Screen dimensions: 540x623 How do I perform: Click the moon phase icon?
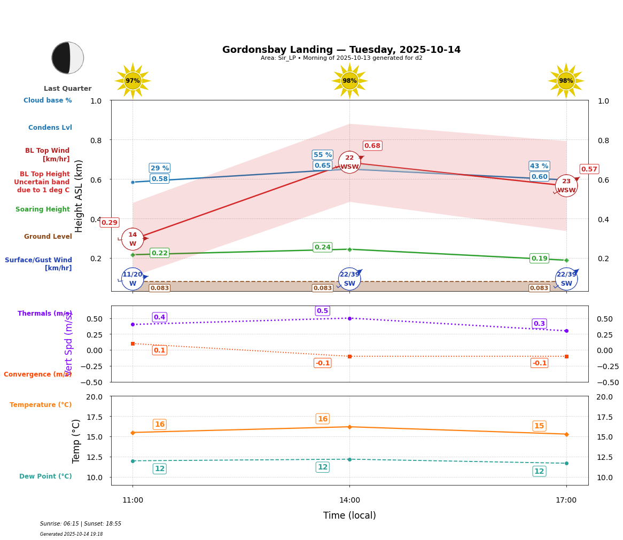coord(68,58)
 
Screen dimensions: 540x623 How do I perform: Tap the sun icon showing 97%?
coord(133,81)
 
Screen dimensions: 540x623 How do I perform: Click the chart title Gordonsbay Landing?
coord(341,50)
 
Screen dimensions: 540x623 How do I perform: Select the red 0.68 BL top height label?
coord(372,146)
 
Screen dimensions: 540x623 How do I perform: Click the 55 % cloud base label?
coord(322,155)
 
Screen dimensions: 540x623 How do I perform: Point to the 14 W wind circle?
coord(133,239)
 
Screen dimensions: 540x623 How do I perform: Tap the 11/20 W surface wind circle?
coord(133,279)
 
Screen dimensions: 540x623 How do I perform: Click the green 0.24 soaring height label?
coord(322,247)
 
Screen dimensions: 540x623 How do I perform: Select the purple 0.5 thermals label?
coord(322,311)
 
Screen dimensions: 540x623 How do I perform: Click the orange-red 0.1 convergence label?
coord(159,350)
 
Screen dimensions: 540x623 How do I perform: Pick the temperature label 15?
coord(539,426)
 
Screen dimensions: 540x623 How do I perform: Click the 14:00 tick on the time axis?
coord(349,500)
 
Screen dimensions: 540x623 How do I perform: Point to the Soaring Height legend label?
coord(43,209)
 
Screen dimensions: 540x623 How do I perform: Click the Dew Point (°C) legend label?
coord(45,476)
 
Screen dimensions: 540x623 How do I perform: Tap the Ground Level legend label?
coord(48,237)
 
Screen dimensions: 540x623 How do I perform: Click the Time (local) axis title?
coord(349,515)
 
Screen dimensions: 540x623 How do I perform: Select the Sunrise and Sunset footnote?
coord(81,524)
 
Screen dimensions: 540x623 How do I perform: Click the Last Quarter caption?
coord(67,89)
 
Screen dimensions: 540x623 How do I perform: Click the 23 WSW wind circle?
coord(566,186)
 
